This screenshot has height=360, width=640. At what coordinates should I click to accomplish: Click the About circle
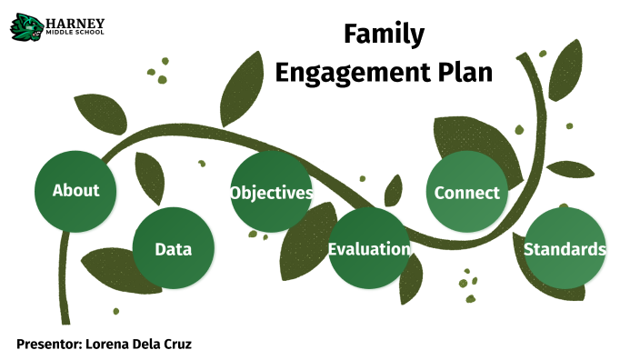click(75, 191)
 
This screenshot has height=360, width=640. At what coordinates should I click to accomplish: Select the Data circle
click(173, 249)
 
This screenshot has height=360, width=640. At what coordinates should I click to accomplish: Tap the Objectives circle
click(271, 193)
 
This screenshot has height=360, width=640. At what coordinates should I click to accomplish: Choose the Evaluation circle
click(368, 249)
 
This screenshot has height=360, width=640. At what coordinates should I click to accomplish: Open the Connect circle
click(466, 193)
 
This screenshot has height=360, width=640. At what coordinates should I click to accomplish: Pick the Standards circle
click(565, 249)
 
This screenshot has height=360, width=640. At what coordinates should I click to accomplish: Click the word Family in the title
click(384, 35)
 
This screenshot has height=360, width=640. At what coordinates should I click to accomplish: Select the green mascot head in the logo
click(25, 26)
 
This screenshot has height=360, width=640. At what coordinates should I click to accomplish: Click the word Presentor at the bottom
click(49, 344)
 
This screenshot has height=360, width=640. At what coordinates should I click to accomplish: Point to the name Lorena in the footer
click(112, 344)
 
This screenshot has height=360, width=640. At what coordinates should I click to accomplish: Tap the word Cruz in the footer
click(176, 344)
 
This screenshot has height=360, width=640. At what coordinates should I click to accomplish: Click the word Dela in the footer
click(148, 344)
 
